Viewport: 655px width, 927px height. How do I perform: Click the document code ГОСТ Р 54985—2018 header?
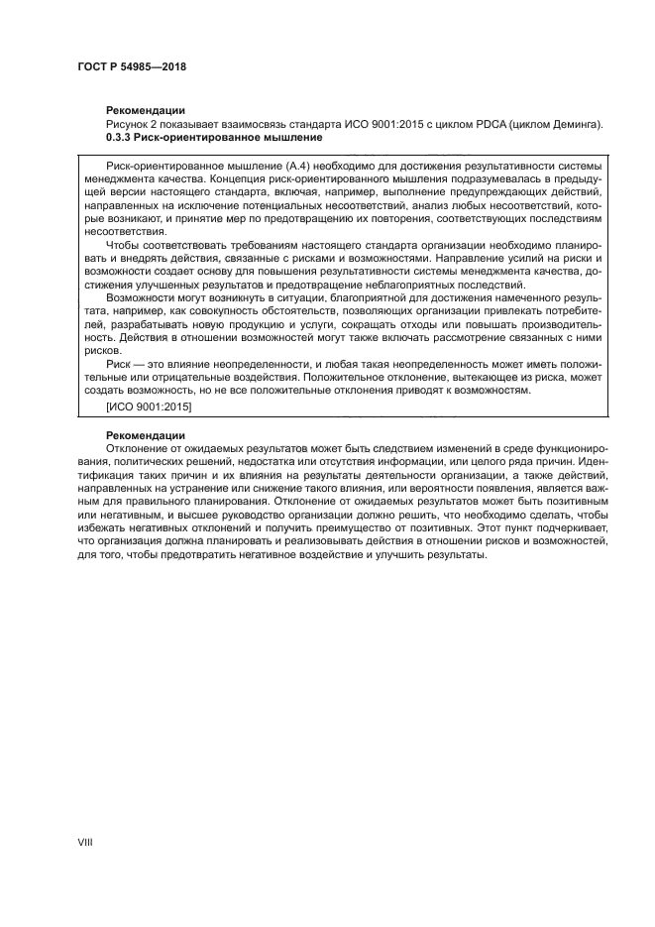click(132, 68)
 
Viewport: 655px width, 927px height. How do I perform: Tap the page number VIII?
click(84, 841)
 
